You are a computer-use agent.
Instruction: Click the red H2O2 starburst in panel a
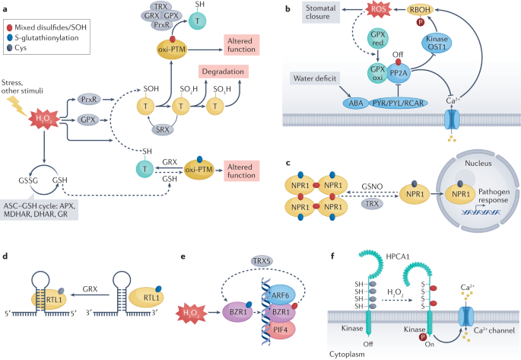coord(44,119)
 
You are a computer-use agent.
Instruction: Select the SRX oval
coord(163,129)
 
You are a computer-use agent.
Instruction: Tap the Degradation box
coord(224,72)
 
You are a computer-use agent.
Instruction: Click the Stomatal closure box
coord(321,12)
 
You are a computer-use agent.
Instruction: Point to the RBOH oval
coord(420,10)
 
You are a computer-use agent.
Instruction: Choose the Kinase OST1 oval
coord(437,43)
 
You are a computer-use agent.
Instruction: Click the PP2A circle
coord(399,73)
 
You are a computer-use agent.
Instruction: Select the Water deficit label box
coord(315,78)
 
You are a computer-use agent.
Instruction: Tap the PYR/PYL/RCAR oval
coord(398,104)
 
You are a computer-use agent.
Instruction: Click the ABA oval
coord(356,104)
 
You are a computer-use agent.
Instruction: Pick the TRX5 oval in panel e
coord(262,261)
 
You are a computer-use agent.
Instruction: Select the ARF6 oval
coord(280,295)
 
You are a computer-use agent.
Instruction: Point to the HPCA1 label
coord(397,256)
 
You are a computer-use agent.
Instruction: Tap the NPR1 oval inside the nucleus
coord(460,194)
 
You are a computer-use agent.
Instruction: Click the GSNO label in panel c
coord(372,186)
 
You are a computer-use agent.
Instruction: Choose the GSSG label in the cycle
coord(28,180)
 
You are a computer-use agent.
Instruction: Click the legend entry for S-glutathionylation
coord(43,37)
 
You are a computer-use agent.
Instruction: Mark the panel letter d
coord(5,256)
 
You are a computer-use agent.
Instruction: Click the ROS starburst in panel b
coord(379,9)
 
